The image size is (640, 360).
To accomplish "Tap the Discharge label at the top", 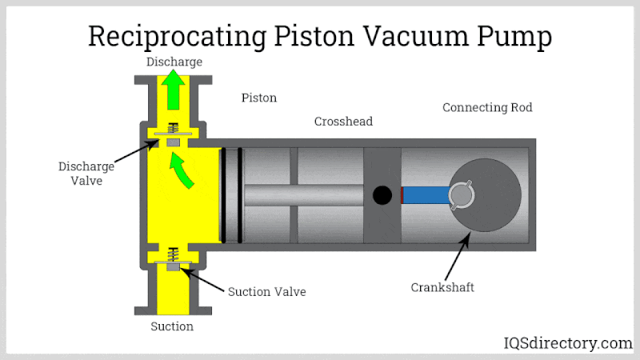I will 174,62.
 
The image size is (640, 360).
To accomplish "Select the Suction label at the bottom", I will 172,326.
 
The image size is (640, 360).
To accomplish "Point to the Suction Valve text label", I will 267,291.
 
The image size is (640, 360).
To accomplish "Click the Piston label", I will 259,98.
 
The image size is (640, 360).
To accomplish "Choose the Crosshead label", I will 343,122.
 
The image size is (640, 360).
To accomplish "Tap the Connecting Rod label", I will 487,107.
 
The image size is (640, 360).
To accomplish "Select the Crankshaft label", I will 442,287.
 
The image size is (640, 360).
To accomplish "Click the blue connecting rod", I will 425,195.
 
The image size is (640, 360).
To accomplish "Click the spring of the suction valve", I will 171,255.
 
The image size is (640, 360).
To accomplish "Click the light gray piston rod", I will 304,195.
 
